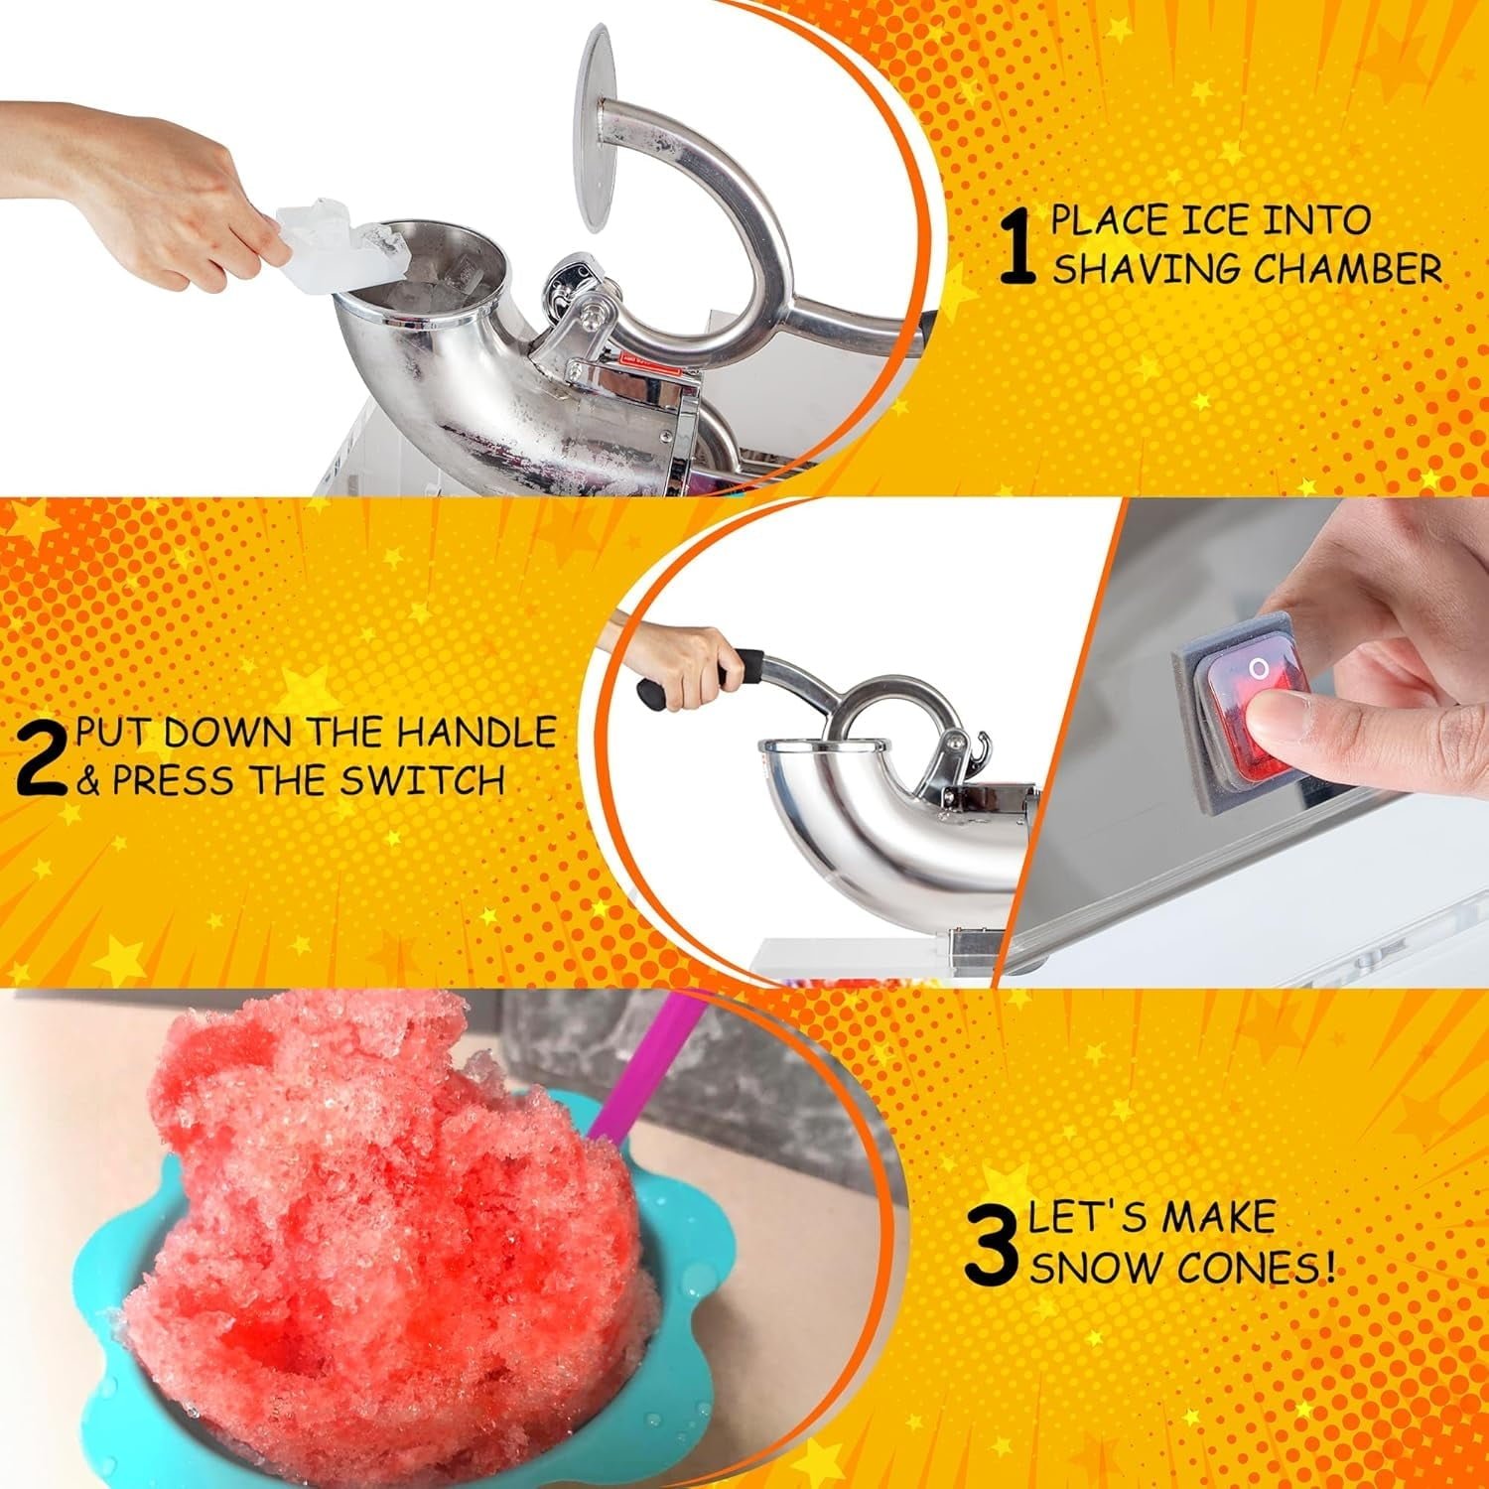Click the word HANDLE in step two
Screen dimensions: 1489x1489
476,733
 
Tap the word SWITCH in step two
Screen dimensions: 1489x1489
422,781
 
